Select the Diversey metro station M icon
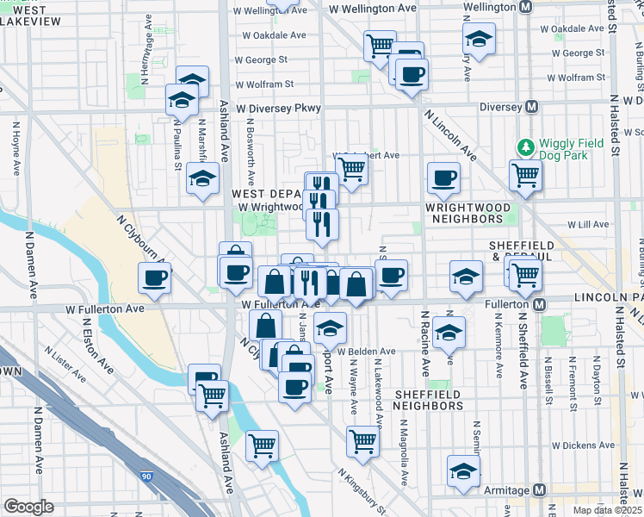(532, 107)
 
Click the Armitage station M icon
(540, 490)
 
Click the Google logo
(29, 507)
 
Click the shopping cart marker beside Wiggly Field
(524, 176)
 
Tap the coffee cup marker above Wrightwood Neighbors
(443, 178)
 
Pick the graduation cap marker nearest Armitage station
(463, 471)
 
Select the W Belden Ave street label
(365, 352)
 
